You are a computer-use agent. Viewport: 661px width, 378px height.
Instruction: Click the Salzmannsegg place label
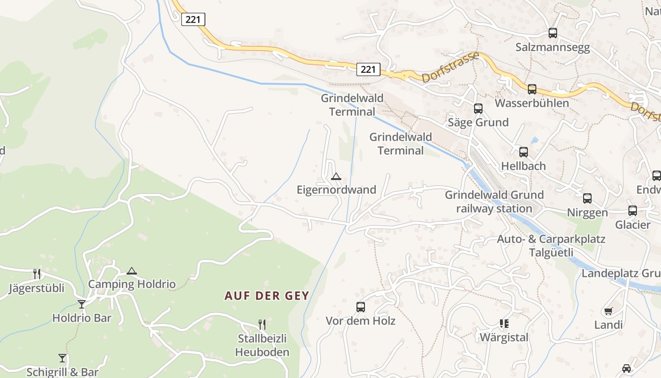pos(552,47)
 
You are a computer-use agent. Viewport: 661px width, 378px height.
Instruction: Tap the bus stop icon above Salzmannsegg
pos(553,33)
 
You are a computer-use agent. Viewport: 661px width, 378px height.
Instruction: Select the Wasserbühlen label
pos(532,103)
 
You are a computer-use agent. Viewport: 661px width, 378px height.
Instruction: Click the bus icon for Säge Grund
pos(478,109)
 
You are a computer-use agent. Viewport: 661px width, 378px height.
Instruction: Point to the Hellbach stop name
pos(523,166)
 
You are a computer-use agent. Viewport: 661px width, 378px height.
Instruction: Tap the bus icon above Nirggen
pos(587,198)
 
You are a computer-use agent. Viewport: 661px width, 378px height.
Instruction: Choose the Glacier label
pos(632,224)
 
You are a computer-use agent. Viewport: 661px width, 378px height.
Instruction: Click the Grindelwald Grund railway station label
pos(494,202)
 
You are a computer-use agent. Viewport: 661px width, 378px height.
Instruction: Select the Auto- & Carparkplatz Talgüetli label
pos(551,245)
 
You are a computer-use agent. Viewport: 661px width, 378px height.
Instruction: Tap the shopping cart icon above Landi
pos(608,311)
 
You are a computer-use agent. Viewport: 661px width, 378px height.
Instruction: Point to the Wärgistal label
pos(504,337)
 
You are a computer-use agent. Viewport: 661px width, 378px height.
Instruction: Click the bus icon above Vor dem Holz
pos(361,307)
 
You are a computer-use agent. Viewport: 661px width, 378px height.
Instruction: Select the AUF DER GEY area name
pos(266,296)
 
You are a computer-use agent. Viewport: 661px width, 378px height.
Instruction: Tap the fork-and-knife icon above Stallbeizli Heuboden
pos(262,324)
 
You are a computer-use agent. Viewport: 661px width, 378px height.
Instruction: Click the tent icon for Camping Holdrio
pos(132,271)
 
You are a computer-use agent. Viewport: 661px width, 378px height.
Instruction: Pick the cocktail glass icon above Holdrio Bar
pos(82,304)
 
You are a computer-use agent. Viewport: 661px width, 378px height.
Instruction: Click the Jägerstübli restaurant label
pos(36,288)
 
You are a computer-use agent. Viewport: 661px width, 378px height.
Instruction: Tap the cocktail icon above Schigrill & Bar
pos(62,358)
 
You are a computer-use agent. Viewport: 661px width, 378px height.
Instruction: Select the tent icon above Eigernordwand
pos(336,177)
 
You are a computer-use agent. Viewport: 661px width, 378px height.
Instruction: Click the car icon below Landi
pos(627,369)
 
